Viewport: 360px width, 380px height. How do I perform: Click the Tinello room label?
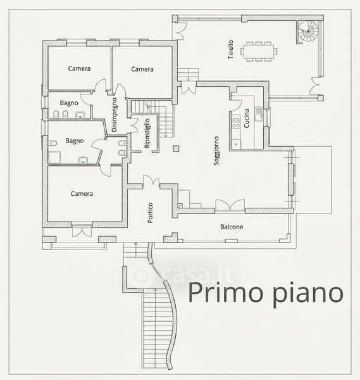tap(231, 49)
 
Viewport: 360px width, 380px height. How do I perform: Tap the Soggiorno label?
tap(216, 151)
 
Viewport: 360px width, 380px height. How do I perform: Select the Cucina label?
tap(247, 118)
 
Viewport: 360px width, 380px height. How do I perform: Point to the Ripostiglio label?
tap(147, 134)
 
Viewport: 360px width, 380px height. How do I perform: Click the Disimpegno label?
tap(115, 115)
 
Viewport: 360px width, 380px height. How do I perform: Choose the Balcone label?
tap(232, 227)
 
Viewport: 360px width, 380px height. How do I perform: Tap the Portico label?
tap(150, 213)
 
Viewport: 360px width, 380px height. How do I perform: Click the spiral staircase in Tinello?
tap(308, 31)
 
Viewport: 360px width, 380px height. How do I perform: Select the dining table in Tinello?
tap(259, 52)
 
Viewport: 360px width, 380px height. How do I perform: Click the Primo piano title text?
tap(266, 293)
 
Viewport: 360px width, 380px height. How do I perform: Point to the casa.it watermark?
tap(183, 274)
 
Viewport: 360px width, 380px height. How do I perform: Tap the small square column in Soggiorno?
tap(177, 149)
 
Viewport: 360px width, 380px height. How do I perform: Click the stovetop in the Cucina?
tap(235, 123)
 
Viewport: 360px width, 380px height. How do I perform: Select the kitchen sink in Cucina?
tap(259, 114)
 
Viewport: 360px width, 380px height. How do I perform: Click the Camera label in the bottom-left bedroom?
tap(82, 194)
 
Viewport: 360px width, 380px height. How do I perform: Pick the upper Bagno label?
tap(69, 103)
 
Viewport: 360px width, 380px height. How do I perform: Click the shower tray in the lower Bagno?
tap(54, 157)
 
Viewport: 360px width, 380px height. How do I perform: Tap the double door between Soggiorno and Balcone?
tap(230, 205)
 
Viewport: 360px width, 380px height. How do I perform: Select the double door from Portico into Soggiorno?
tap(151, 182)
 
